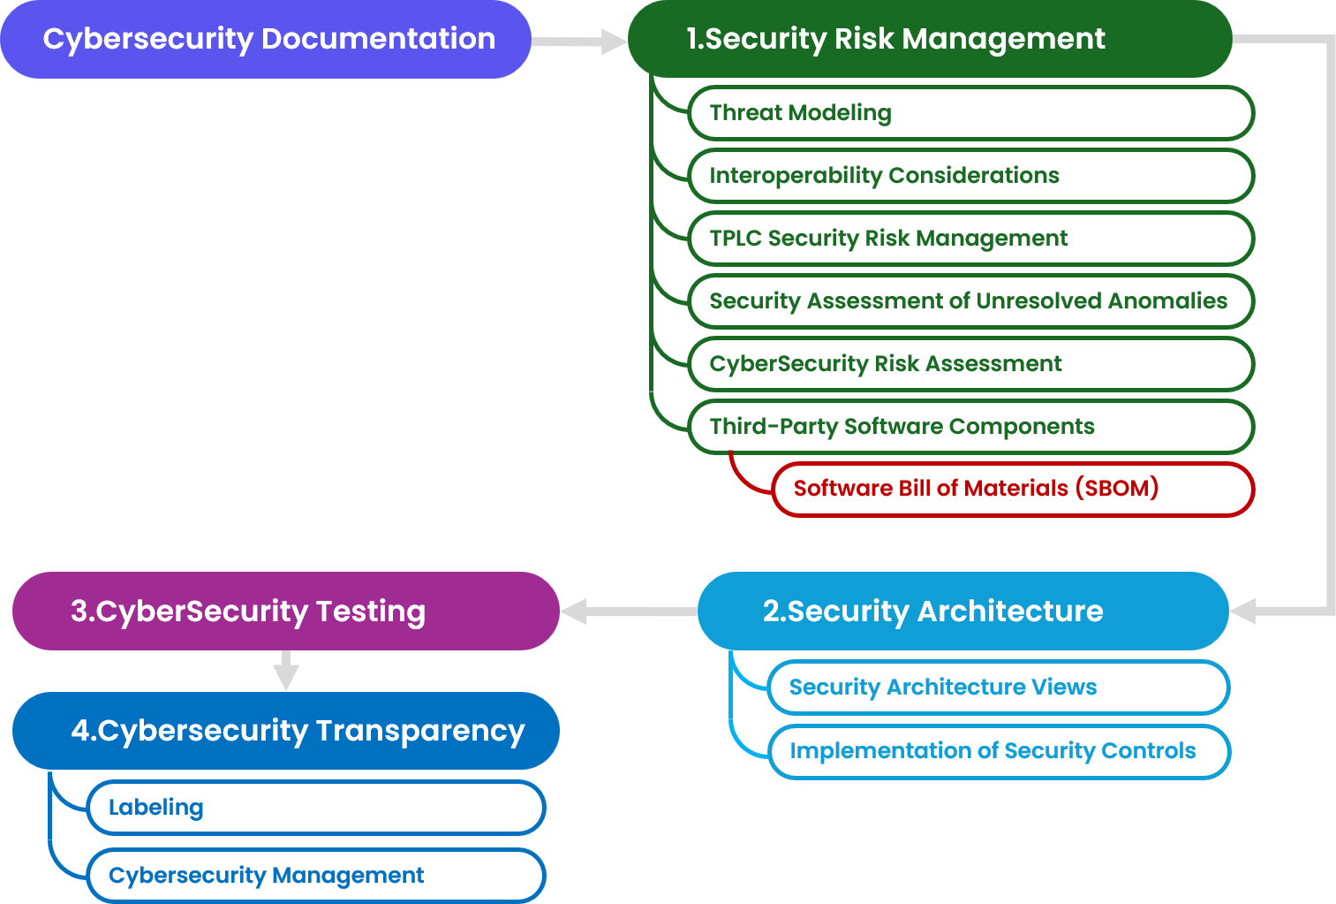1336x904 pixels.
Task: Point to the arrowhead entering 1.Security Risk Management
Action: coord(613,42)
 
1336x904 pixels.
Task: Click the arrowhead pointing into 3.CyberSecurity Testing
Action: coord(574,612)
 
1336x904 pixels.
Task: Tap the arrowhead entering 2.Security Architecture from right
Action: coord(1242,612)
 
